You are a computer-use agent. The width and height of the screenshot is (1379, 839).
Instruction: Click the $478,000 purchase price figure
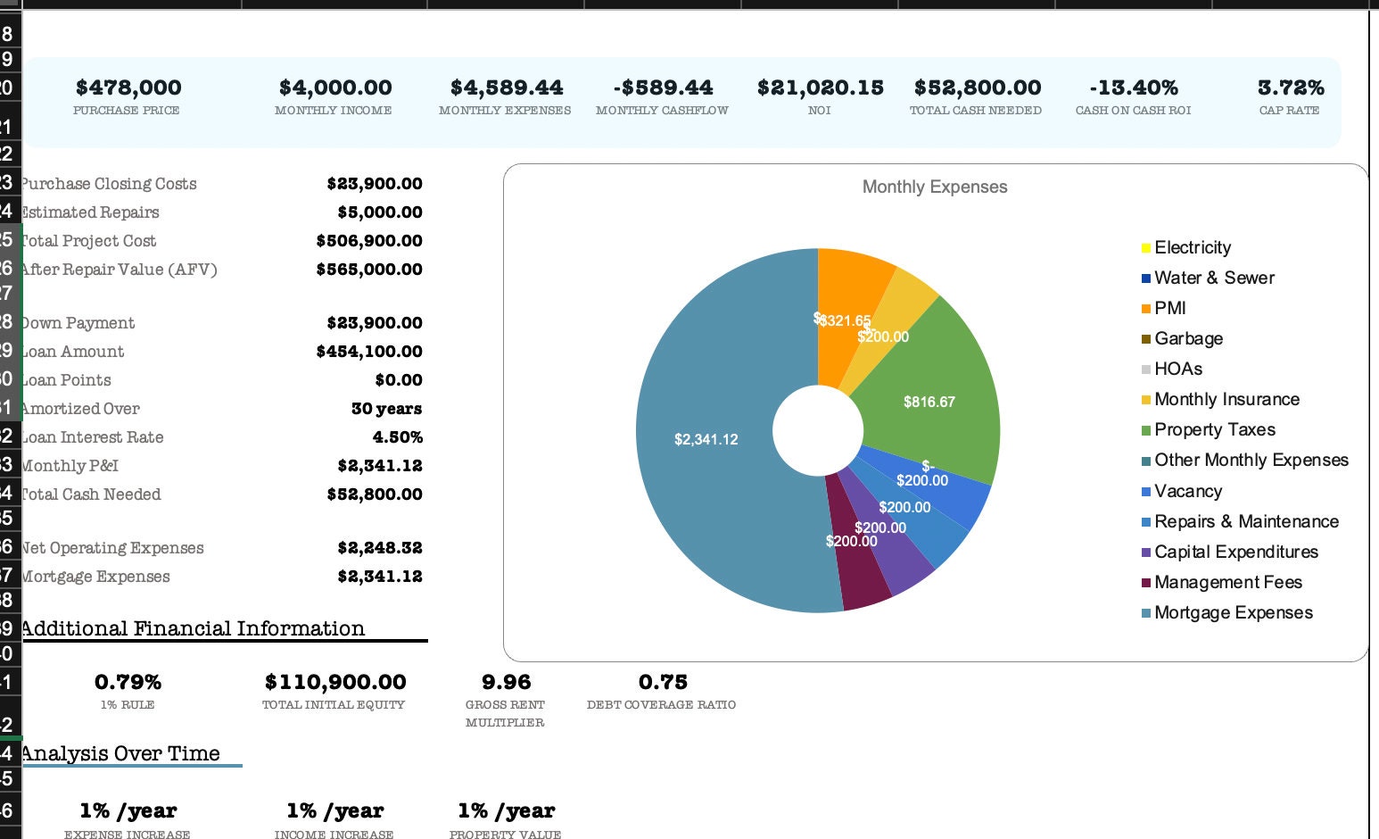pos(128,87)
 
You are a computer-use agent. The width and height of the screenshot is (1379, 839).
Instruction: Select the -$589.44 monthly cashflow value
pos(663,87)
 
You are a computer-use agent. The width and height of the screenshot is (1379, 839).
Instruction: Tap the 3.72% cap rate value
pos(1290,87)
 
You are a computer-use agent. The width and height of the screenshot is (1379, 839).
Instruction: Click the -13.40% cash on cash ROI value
pos(1133,87)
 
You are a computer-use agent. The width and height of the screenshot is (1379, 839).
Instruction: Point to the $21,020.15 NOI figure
pos(820,87)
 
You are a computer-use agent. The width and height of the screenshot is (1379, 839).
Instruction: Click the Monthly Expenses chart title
pos(934,187)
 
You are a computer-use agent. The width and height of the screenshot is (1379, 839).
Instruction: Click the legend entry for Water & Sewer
pos(1213,278)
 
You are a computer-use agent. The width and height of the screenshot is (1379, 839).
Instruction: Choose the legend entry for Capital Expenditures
pos(1235,552)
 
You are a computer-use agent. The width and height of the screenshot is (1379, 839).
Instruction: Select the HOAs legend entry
pos(1177,369)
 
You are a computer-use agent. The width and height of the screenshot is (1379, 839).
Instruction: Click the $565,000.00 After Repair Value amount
pos(369,270)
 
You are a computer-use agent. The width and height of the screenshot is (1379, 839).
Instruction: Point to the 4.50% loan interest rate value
pos(397,437)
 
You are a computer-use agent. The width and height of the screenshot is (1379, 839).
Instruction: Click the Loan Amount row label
pos(72,352)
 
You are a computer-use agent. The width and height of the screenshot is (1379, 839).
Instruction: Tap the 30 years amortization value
pos(386,409)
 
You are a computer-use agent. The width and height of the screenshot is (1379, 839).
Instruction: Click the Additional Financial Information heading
pos(193,628)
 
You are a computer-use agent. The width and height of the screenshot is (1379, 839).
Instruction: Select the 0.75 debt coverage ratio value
pos(663,682)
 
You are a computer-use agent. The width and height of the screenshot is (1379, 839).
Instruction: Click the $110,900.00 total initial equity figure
pos(335,682)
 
